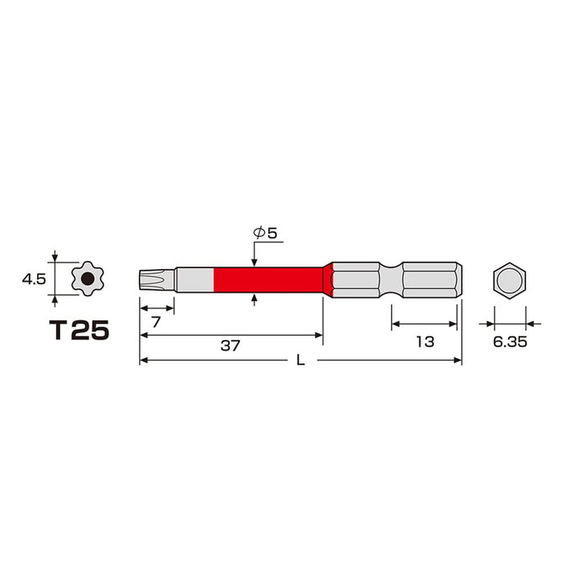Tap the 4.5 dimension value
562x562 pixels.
34,279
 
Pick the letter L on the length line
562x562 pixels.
300,360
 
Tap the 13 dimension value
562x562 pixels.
425,341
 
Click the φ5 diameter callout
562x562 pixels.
265,234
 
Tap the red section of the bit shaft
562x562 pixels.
269,280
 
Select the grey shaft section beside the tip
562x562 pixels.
196,280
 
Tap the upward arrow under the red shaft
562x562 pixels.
255,300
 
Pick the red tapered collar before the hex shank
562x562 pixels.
328,280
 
